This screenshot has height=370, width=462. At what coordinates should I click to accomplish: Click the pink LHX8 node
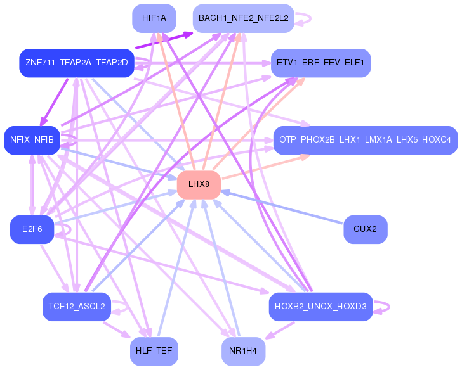[199, 184]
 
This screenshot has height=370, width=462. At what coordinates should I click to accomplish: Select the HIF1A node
[154, 18]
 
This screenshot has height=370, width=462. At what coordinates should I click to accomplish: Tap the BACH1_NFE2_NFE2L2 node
[244, 18]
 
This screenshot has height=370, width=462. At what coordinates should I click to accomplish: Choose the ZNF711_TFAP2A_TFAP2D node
[77, 63]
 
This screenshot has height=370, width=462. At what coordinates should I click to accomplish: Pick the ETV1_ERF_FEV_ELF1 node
[320, 63]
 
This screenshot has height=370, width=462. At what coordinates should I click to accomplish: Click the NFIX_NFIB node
[32, 140]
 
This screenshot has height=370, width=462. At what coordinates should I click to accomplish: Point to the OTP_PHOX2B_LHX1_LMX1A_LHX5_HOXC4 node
[366, 140]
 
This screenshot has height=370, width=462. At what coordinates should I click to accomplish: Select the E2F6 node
[32, 229]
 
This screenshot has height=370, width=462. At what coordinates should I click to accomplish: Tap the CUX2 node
[366, 229]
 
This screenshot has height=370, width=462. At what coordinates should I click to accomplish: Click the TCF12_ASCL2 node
[77, 307]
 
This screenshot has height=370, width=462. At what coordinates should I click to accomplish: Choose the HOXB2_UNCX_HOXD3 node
[320, 307]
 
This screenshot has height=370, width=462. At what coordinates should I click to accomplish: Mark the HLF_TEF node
[154, 351]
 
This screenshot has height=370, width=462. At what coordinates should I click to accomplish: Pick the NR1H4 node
[244, 351]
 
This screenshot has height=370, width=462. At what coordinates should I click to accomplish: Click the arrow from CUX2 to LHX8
[282, 207]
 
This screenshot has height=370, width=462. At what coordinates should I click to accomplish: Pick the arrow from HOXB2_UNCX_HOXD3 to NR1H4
[280, 330]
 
